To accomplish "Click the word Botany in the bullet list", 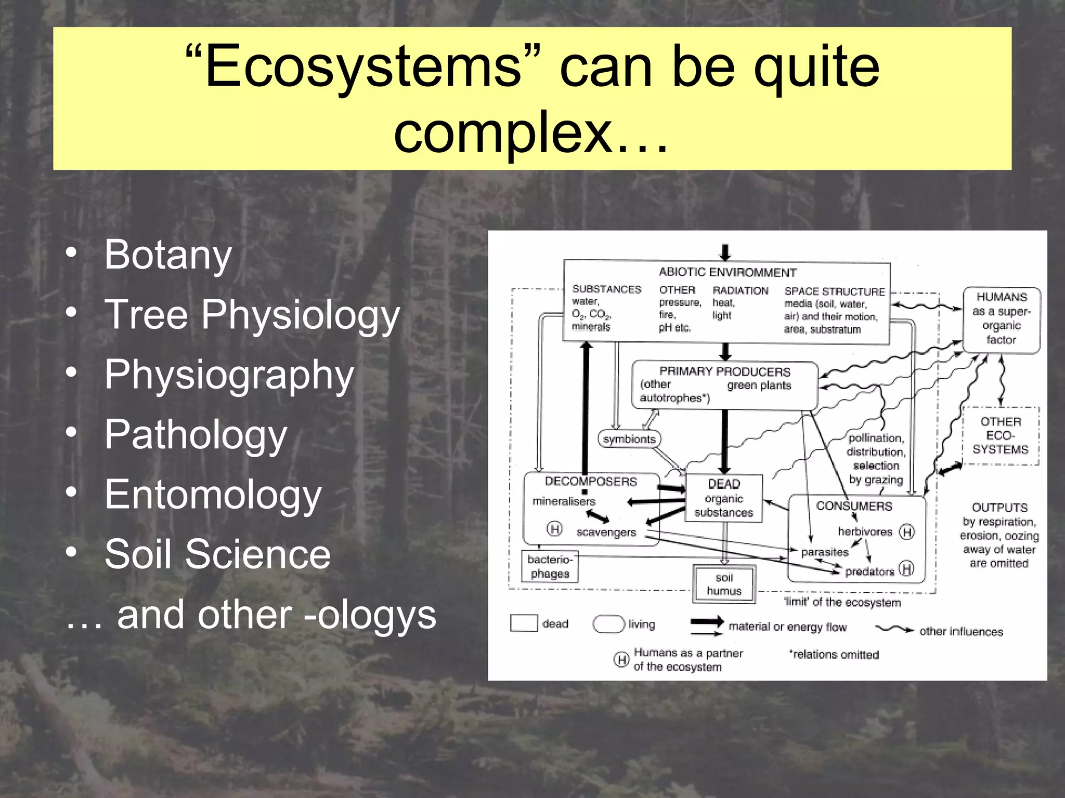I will click(167, 255).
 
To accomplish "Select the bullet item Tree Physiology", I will click(252, 314).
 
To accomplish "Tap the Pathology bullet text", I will click(196, 434).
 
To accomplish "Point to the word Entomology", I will click(213, 494).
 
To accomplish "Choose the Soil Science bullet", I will click(217, 554).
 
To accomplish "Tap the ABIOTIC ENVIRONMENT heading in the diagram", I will click(727, 272).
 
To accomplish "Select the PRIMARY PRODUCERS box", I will click(724, 385).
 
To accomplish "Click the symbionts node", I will click(629, 439).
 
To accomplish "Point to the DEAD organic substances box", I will click(724, 498).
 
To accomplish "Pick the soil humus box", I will click(724, 584).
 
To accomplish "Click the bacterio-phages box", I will click(550, 566).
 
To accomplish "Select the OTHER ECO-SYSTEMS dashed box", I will click(1000, 435).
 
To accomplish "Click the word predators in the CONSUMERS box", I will click(869, 571).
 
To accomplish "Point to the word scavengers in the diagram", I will click(606, 533).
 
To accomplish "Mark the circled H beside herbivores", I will click(907, 532).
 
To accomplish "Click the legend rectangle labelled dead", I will click(524, 623).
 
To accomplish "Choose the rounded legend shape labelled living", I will click(608, 624).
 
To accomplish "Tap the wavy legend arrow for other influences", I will click(894, 630).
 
